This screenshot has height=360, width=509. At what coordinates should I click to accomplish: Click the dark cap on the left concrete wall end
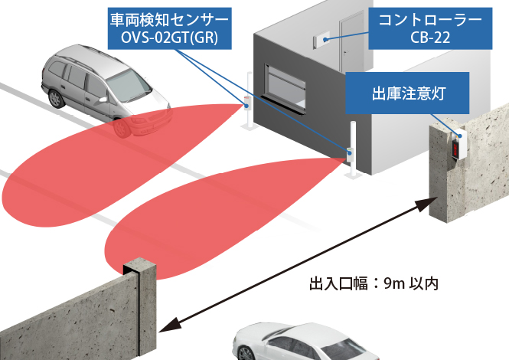pyautogui.click(x=139, y=270)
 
